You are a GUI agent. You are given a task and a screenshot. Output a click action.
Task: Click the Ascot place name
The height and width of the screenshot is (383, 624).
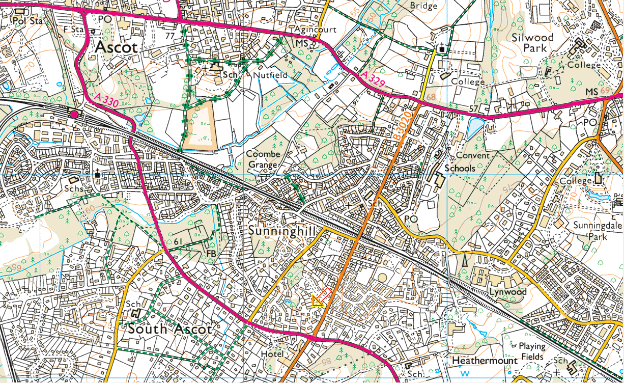point(116,48)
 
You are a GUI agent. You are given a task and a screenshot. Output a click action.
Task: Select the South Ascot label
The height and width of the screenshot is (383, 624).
point(169,329)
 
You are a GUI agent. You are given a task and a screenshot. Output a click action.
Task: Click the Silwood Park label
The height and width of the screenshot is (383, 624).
point(532,43)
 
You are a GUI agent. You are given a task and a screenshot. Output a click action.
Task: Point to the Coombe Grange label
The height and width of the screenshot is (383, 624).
point(263,159)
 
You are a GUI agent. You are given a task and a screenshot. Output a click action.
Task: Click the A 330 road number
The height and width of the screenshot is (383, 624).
point(107,99)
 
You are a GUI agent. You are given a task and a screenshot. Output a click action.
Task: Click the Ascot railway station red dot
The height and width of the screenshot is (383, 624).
point(74,114)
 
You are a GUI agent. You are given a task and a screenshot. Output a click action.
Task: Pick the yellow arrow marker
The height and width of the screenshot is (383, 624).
point(320,299)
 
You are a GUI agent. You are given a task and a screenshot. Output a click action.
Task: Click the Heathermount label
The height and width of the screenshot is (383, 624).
point(485,361)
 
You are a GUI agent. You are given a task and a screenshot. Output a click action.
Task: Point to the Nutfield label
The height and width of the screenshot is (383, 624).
point(270,75)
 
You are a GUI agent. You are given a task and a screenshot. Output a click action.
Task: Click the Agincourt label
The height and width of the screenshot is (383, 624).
point(316,30)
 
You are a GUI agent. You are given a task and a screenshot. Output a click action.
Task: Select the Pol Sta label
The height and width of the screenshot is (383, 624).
point(26,21)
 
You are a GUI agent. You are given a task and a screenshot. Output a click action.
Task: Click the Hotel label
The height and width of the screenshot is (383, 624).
point(272,353)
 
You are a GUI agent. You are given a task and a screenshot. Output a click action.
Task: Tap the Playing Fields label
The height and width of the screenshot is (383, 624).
point(532,351)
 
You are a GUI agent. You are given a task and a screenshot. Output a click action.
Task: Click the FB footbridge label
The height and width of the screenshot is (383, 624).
point(211,253)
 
